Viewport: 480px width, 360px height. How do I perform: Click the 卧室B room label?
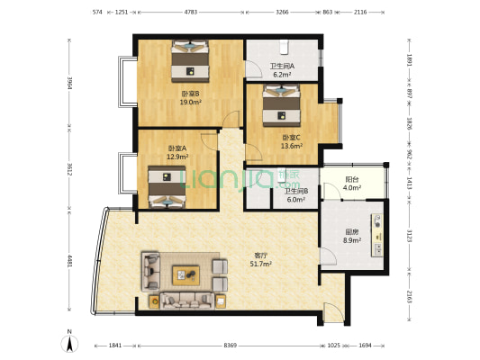click(x=190, y=94)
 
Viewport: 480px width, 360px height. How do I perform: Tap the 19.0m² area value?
click(x=190, y=103)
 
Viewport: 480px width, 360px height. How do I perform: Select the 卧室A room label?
click(x=177, y=148)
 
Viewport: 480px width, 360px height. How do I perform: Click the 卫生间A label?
click(x=282, y=66)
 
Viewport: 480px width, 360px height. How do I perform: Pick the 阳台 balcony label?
click(x=352, y=179)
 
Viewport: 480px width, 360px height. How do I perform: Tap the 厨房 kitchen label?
click(x=352, y=232)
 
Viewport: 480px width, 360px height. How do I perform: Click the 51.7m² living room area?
click(x=261, y=264)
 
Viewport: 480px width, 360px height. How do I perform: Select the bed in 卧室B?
click(x=190, y=61)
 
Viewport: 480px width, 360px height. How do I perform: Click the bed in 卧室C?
click(x=281, y=105)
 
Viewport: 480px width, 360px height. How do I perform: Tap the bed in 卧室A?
click(x=168, y=187)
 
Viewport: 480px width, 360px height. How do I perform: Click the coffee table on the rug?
click(x=186, y=275)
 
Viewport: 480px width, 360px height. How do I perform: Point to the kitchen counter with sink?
click(x=377, y=235)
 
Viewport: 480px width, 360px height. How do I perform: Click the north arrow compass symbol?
click(x=70, y=343)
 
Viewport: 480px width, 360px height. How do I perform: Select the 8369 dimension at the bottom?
click(x=231, y=346)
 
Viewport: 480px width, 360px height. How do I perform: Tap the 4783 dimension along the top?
click(x=191, y=13)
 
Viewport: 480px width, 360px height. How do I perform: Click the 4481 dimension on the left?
click(x=70, y=261)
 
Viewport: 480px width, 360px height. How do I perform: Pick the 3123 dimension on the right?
click(x=409, y=235)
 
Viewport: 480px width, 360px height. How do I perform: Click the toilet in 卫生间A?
click(x=285, y=47)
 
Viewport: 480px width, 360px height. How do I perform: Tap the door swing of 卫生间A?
click(x=253, y=68)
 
